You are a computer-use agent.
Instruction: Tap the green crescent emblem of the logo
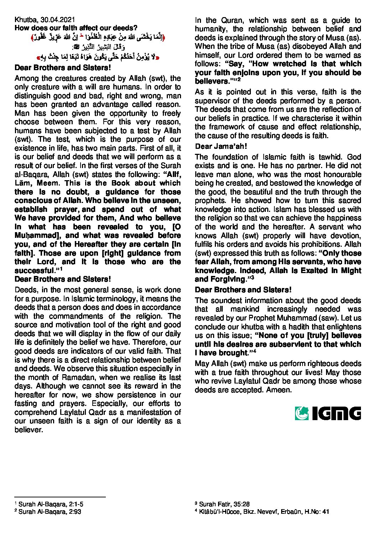302,413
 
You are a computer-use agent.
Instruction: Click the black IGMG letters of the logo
337,413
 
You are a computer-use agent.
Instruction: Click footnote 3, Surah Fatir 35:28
222,504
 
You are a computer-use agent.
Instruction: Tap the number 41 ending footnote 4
325,512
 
